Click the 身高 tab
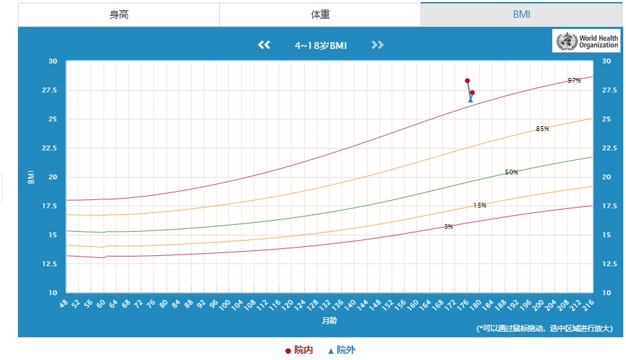coord(119,14)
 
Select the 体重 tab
coord(320,14)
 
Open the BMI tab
coord(521,14)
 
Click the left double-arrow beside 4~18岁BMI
coord(263,46)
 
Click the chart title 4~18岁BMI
coord(321,46)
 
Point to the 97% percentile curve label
coord(574,81)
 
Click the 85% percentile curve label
coord(542,129)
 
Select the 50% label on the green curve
coord(511,172)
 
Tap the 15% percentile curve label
coord(479,206)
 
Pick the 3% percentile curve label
coord(448,227)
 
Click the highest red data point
coord(467,81)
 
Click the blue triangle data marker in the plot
coord(471,100)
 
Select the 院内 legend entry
coord(299,350)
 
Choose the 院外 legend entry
coord(342,350)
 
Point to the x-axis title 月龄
coord(329,321)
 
